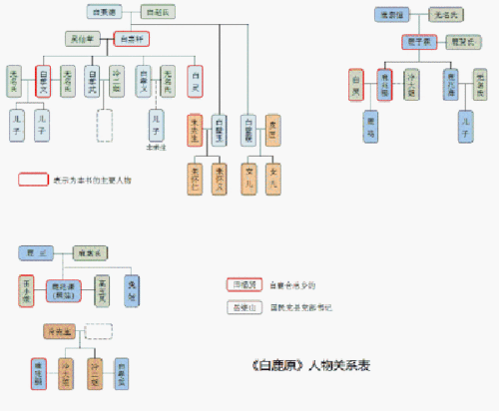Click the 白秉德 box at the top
103,13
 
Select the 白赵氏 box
157,13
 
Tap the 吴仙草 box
85,40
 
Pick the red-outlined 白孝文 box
43,80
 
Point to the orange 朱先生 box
196,130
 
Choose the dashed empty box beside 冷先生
99,331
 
